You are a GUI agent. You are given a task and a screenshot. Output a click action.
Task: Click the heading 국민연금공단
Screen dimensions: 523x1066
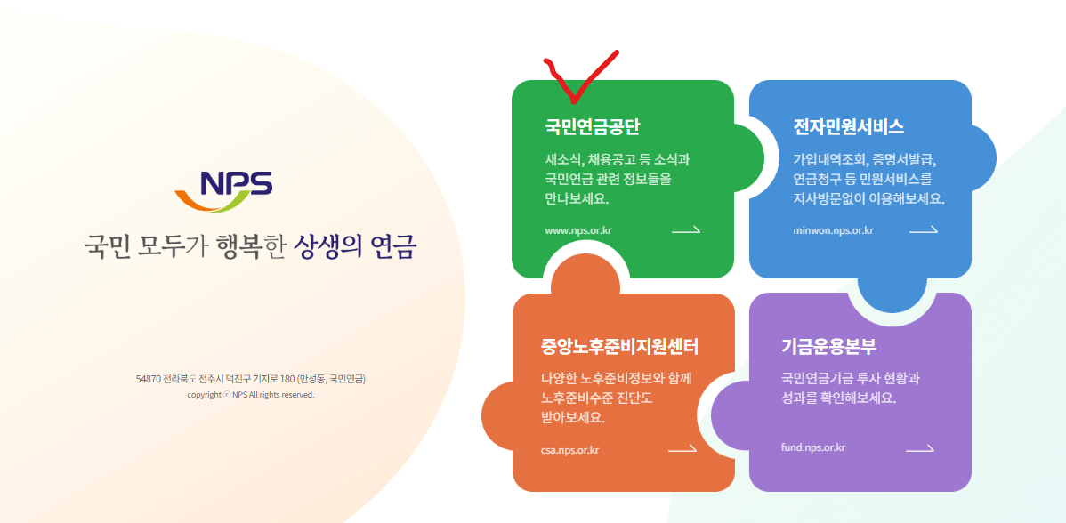(593, 126)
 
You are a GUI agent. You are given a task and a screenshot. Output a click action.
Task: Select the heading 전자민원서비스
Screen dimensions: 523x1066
(848, 126)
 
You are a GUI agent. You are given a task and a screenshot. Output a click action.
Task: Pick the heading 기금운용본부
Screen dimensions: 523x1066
(829, 345)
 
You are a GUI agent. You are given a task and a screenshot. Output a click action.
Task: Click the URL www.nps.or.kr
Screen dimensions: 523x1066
(578, 230)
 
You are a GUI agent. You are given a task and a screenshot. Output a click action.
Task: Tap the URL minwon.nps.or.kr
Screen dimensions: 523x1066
(833, 230)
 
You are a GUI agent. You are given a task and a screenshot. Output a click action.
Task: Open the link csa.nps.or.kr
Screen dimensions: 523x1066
(569, 449)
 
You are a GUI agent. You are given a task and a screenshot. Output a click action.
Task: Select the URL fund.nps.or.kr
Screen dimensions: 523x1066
(812, 447)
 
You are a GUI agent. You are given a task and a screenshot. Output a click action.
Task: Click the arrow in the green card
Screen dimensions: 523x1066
(685, 230)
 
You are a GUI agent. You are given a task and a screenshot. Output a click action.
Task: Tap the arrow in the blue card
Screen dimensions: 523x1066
(923, 230)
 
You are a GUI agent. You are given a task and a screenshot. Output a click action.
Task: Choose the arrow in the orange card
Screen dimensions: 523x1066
(682, 449)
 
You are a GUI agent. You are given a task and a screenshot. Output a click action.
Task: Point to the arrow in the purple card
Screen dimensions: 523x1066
(919, 448)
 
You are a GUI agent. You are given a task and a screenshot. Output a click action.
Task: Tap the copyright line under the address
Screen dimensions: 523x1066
(250, 395)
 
